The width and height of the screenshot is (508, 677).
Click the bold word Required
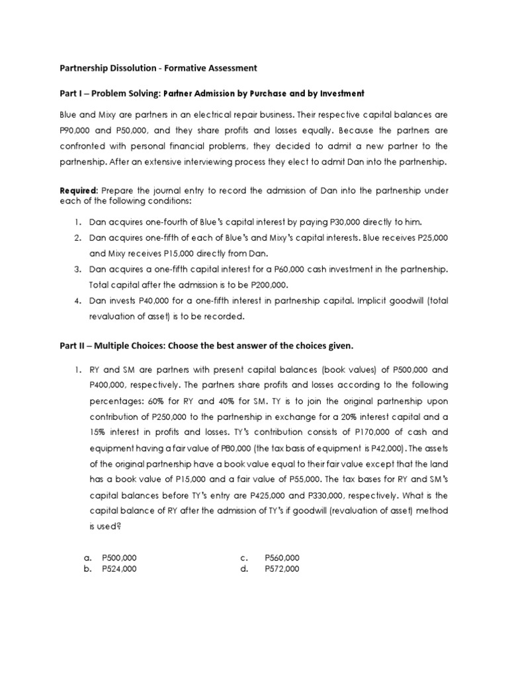point(79,190)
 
